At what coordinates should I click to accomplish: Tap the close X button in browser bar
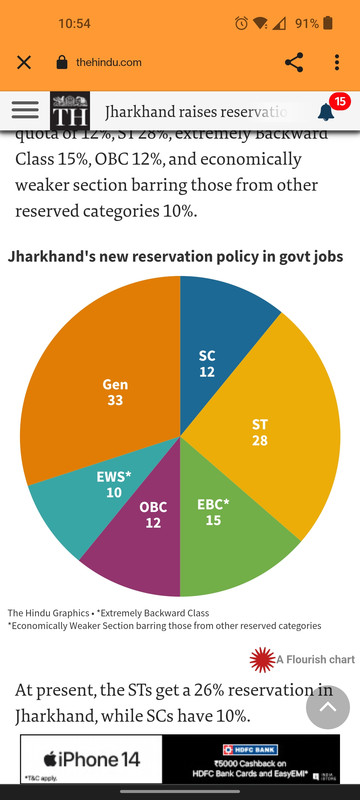24,62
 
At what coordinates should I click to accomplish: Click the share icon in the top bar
294,62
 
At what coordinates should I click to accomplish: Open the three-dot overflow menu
337,62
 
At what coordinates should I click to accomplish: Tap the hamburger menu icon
25,110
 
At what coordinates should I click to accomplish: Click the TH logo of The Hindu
70,111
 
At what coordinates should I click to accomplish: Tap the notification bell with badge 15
327,111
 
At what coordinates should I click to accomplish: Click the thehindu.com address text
109,62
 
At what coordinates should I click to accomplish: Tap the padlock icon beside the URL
61,62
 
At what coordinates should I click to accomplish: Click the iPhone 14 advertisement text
90,760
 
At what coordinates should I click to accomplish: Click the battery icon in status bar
328,23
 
